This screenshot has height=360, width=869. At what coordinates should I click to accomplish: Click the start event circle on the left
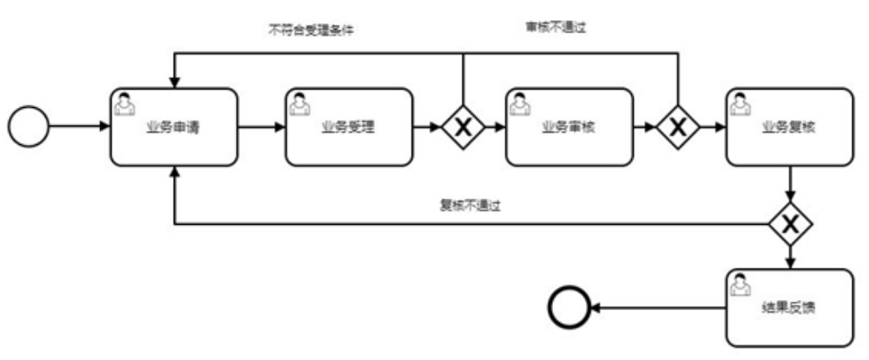pos(29,126)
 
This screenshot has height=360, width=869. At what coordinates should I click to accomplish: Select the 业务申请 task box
pos(174,126)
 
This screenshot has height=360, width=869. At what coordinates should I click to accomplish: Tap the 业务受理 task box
pos(349,126)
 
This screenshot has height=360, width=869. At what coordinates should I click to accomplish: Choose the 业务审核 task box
pos(569,126)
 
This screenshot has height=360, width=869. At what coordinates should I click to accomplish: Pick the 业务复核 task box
pos(789,126)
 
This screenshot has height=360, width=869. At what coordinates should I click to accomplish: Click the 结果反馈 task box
pos(789,308)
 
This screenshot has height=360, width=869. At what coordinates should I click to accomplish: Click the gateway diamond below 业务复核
pos(790,225)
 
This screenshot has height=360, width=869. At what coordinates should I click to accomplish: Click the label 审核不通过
pos(549,28)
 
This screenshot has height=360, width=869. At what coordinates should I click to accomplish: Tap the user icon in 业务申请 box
pos(126,104)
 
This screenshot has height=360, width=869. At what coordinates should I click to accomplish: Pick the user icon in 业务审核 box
pos(521,104)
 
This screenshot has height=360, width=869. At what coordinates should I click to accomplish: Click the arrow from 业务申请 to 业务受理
pos(262,126)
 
